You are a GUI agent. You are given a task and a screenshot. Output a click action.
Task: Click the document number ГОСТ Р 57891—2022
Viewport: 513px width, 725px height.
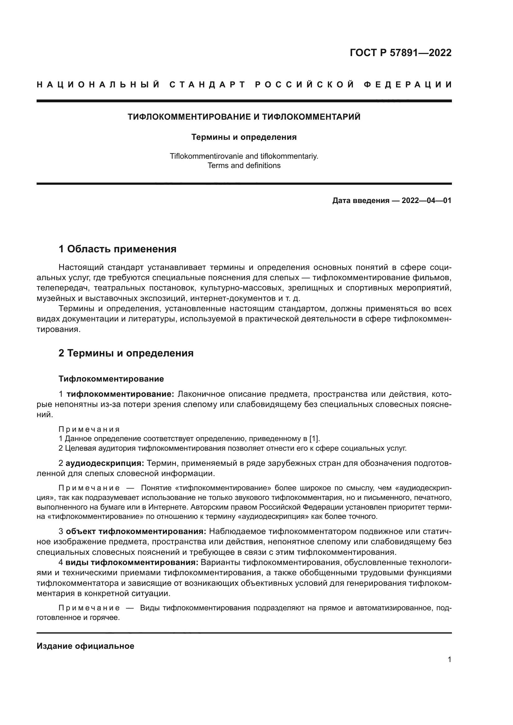coord(400,53)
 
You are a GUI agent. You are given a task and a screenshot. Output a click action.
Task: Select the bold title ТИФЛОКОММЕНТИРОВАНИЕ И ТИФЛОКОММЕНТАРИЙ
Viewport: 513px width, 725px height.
coord(244,117)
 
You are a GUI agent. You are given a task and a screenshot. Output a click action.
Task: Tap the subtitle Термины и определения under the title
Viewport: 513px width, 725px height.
coord(244,137)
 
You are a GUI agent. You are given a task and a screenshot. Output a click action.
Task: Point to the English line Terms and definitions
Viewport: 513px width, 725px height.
coord(244,166)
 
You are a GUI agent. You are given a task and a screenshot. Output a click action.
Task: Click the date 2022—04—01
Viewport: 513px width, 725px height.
coord(426,201)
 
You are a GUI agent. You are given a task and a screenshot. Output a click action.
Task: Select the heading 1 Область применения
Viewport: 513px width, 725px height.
coord(117,249)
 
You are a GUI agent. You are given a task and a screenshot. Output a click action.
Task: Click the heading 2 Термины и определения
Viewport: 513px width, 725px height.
coord(126,353)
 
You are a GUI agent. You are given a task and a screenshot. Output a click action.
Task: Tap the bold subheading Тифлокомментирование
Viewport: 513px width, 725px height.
coord(111,379)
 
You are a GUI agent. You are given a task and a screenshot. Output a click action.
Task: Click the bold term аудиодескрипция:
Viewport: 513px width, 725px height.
coord(105,463)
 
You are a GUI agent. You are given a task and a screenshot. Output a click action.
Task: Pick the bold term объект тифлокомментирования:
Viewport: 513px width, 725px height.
coord(136,532)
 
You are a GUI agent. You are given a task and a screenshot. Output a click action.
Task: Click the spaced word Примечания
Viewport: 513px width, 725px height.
coord(89,429)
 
